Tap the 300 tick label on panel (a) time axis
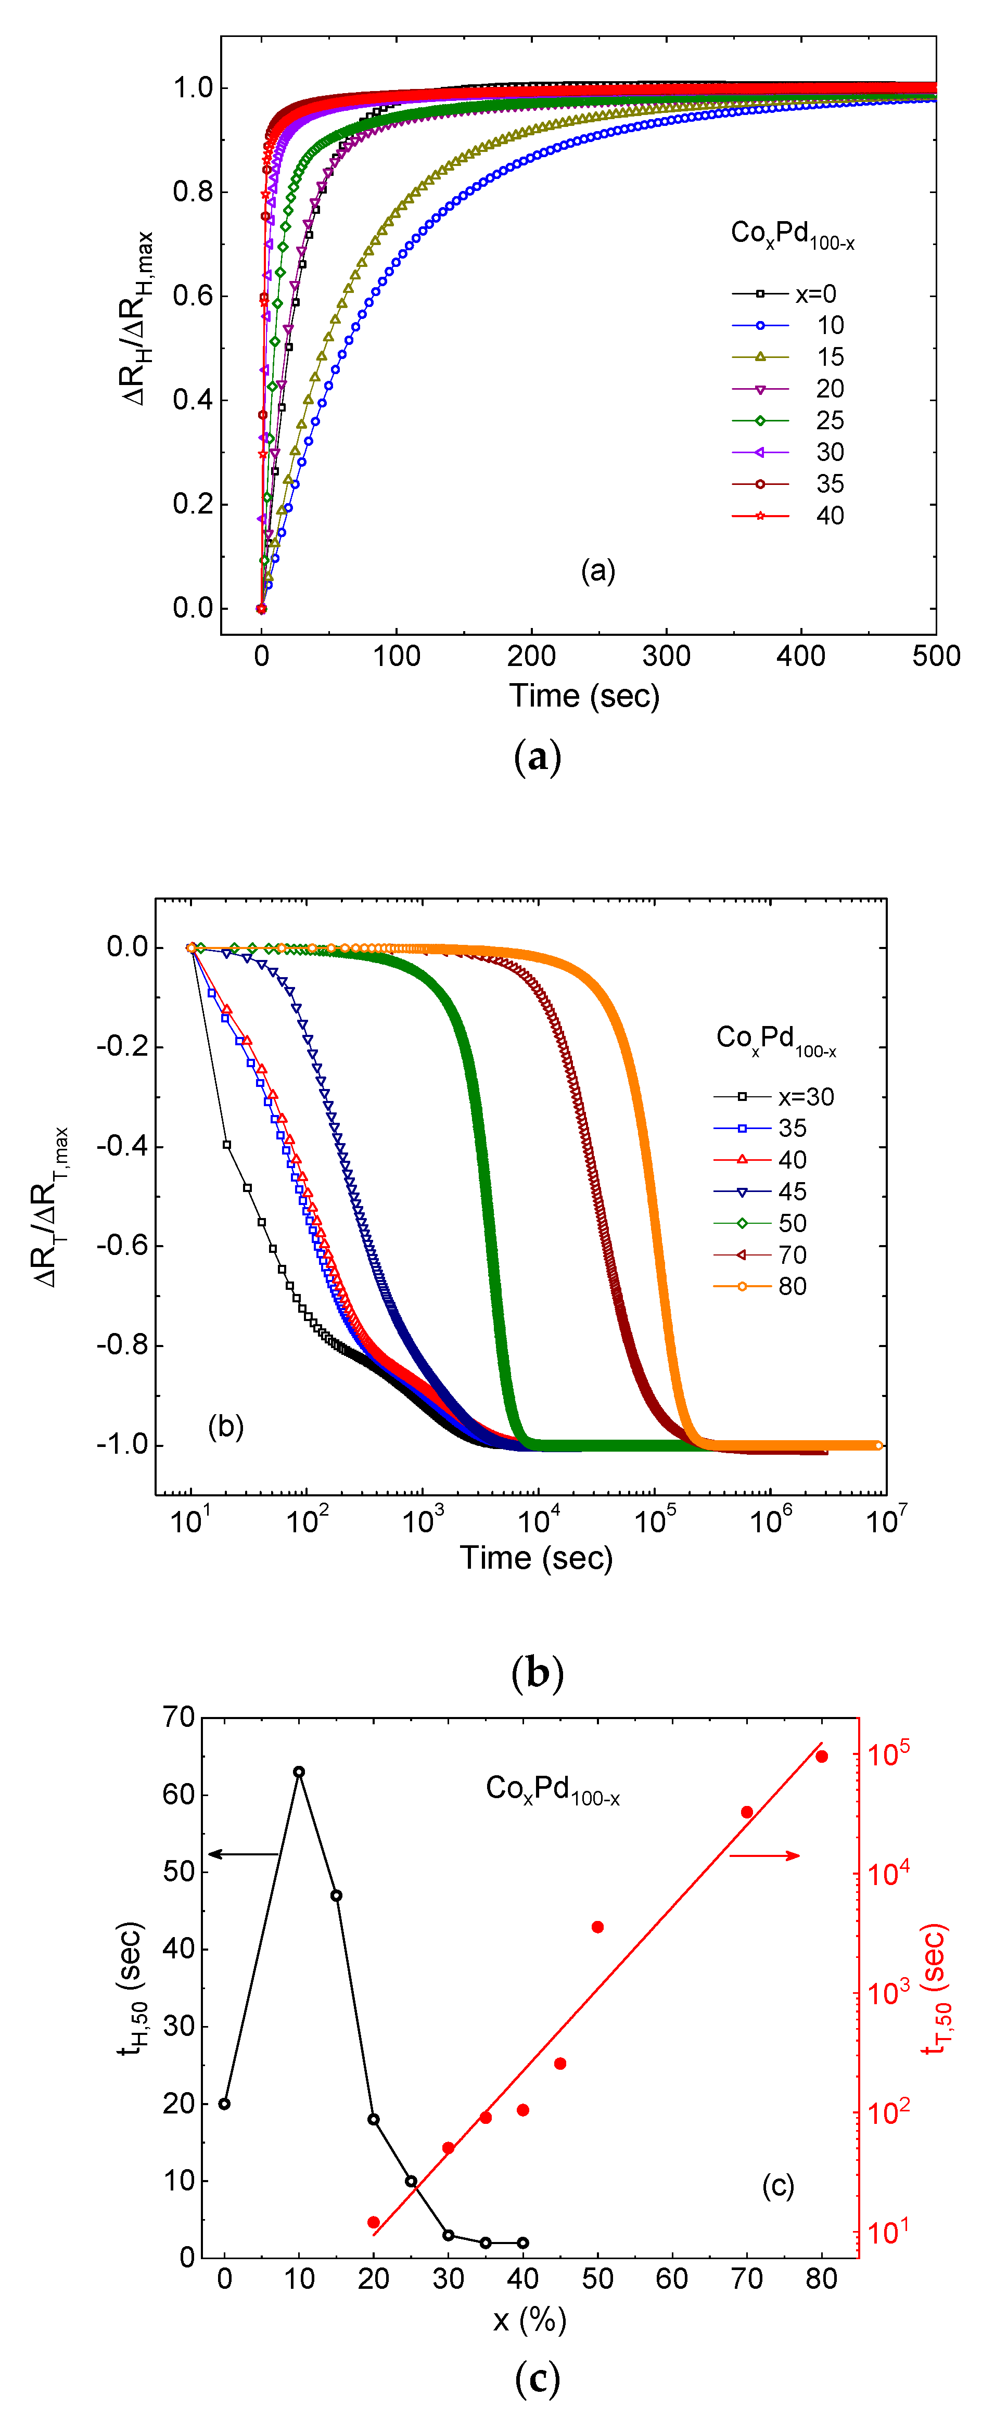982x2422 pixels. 666,656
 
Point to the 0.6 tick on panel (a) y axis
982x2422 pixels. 193,296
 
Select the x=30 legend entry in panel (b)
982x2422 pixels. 773,1096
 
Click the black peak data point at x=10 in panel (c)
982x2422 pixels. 299,1772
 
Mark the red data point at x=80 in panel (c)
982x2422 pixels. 821,1757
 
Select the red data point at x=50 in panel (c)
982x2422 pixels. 597,1927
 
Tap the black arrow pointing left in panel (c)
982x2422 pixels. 243,1854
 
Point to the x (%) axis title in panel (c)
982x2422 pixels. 530,2320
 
